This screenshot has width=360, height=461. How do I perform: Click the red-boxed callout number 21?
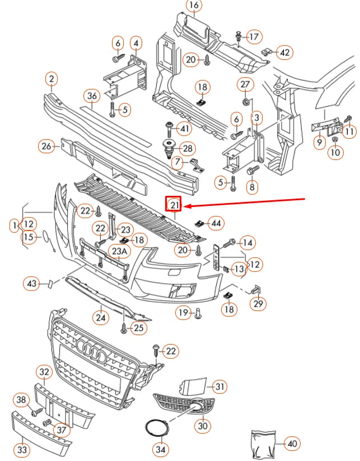[x=174, y=205]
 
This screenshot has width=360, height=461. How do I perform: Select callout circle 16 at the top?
[x=193, y=7]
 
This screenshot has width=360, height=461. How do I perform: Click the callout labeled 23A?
[x=119, y=252]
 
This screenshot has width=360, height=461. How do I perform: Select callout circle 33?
[x=23, y=449]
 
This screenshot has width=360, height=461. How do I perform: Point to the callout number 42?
[x=285, y=53]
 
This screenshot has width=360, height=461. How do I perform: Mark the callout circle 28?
[x=187, y=149]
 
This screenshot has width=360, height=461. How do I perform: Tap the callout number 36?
[x=92, y=96]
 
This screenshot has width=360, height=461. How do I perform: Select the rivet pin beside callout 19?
[x=198, y=315]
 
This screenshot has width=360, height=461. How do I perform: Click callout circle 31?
[x=220, y=386]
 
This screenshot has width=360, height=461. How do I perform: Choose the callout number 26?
[x=46, y=147]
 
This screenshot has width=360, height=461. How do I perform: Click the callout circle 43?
[x=31, y=284]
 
